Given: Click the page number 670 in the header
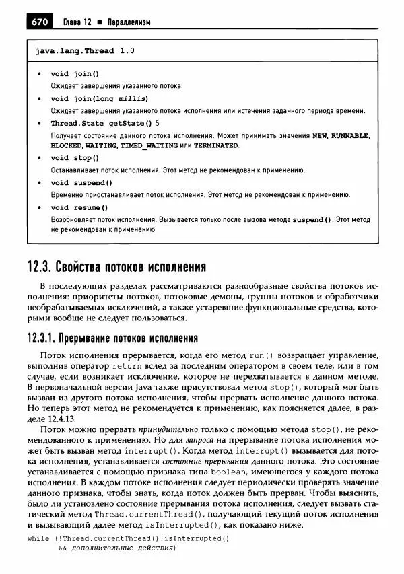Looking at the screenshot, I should click(x=38, y=22).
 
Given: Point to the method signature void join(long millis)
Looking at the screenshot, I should click(x=99, y=98).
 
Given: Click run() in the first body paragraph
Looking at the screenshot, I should click(x=261, y=354).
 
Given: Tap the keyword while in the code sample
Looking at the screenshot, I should click(x=38, y=538).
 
